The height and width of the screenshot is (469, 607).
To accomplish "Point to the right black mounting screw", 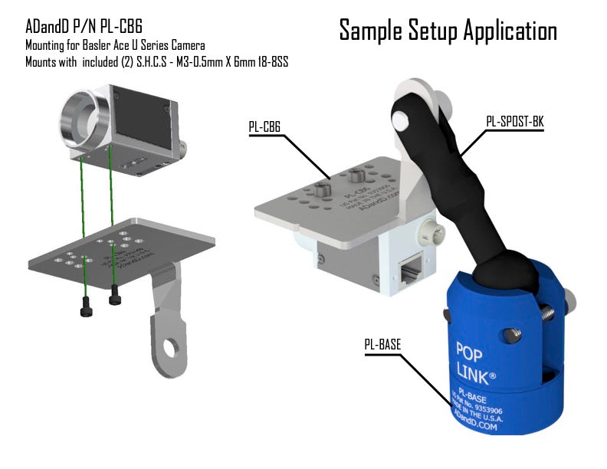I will coord(115,295).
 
